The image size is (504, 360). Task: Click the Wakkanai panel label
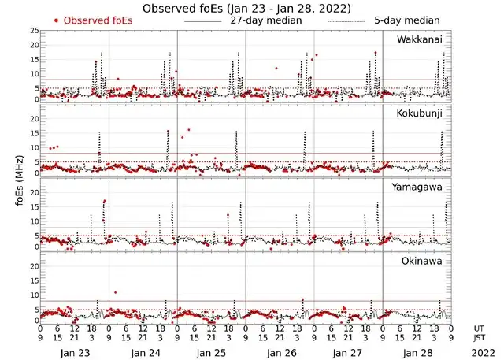pyautogui.click(x=423, y=39)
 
